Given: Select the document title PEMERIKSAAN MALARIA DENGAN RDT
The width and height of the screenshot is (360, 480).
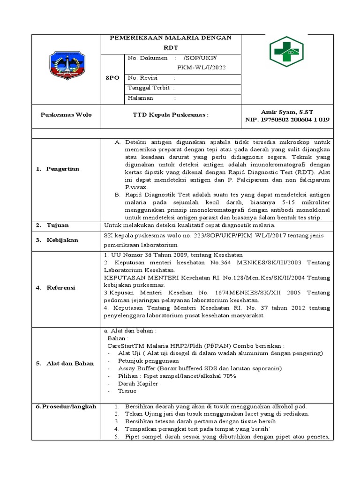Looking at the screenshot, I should (171, 42).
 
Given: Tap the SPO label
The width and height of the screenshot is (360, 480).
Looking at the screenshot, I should (114, 78).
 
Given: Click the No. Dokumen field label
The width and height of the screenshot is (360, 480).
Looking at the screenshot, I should (147, 58).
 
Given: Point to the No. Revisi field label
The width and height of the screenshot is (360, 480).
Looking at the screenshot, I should (142, 77).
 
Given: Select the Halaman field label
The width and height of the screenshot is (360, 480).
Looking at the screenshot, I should (142, 98).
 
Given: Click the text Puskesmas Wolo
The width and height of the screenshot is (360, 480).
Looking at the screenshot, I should (66, 115).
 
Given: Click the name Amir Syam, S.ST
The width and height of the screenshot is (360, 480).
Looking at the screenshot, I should (287, 112).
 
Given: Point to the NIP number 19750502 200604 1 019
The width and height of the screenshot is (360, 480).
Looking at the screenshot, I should (287, 120).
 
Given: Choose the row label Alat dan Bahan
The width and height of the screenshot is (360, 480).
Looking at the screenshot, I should (65, 363).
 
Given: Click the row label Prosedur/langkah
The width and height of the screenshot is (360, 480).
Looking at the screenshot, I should (66, 406).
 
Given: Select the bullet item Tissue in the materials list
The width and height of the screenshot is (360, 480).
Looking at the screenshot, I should (127, 391).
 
